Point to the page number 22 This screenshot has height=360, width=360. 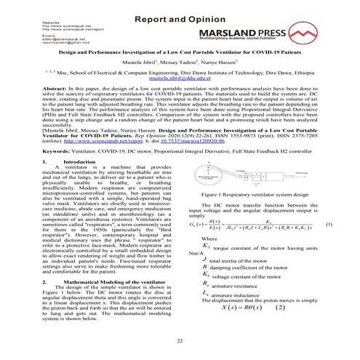click(179, 340)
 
